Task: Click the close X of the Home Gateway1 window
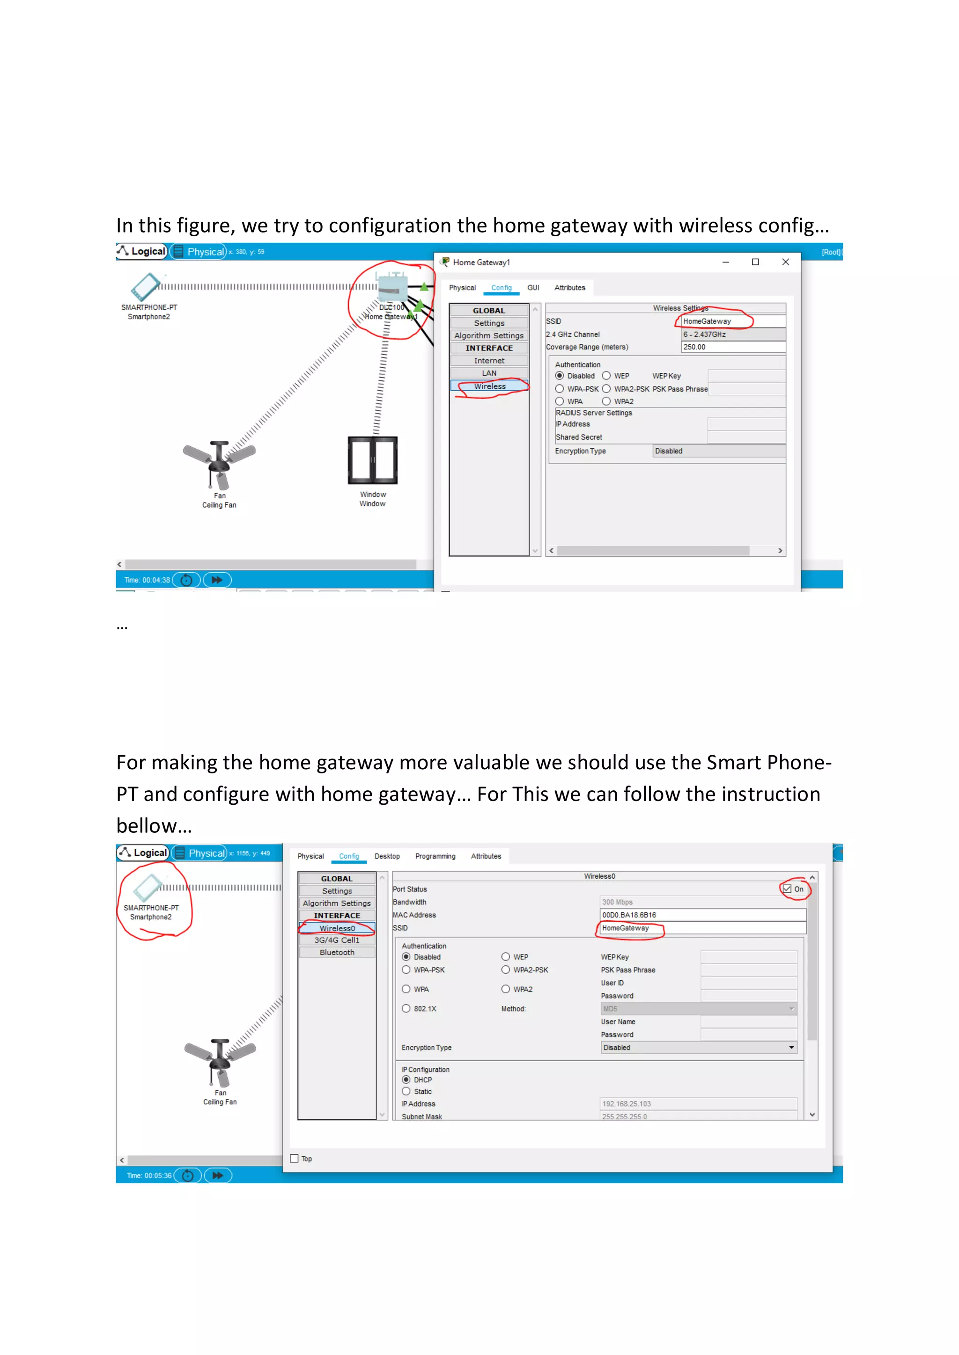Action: (x=785, y=262)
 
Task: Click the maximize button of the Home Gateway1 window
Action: (x=755, y=262)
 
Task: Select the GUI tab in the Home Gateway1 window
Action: (x=533, y=288)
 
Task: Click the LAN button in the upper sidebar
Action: (x=489, y=373)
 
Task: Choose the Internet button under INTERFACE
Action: (x=489, y=361)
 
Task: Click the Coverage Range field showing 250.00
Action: (x=732, y=347)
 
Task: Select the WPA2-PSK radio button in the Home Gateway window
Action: (x=606, y=389)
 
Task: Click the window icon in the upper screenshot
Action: (x=373, y=460)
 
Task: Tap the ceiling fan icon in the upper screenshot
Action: (x=219, y=463)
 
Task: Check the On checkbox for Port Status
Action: (x=787, y=889)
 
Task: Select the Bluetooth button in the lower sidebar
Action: (x=337, y=953)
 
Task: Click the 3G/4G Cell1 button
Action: (x=337, y=940)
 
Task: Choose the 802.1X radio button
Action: (x=406, y=1009)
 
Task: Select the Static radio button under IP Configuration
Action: (x=406, y=1091)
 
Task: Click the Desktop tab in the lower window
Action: (x=387, y=856)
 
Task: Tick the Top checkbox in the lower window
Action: (x=295, y=1158)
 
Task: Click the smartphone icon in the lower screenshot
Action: (x=148, y=887)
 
